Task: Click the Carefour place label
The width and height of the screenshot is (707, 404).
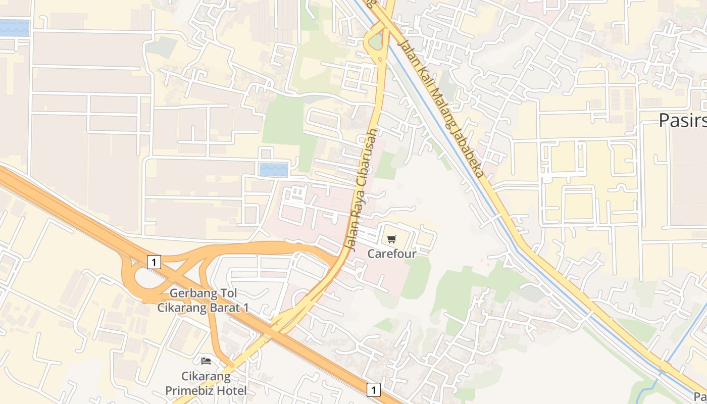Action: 392,254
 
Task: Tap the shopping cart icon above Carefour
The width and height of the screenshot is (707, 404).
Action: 392,239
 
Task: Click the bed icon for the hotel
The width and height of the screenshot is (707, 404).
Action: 206,361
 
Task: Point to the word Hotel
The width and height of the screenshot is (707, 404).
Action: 233,390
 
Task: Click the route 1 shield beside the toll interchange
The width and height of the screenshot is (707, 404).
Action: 154,262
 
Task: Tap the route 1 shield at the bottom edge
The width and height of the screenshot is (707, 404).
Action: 373,389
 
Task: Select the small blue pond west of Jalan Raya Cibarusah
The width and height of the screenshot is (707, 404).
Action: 273,169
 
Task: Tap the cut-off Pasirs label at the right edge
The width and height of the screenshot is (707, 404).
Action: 682,120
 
